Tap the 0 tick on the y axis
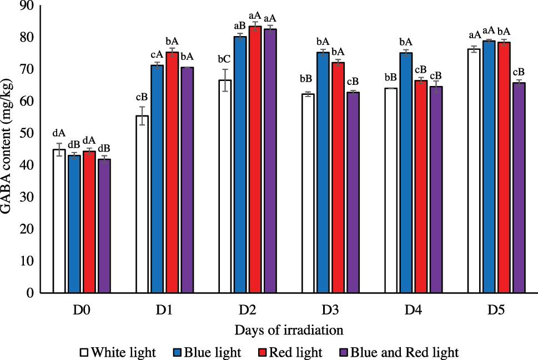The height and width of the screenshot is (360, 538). [38, 293]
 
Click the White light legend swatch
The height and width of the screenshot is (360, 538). [83, 351]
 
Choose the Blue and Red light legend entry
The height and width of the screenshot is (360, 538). [398, 351]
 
